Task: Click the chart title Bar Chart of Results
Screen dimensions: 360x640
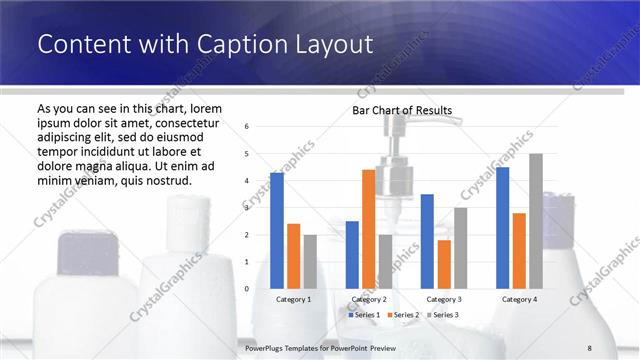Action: [402, 110]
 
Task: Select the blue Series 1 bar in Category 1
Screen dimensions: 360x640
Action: [276, 230]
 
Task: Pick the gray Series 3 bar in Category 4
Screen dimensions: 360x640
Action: [536, 221]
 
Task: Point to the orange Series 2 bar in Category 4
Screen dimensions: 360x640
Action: [519, 250]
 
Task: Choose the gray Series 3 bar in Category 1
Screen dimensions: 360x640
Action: [310, 261]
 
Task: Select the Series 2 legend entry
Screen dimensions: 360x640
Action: [402, 315]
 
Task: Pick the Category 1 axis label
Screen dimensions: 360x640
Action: [293, 299]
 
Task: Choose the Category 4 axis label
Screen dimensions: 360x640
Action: [519, 299]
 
